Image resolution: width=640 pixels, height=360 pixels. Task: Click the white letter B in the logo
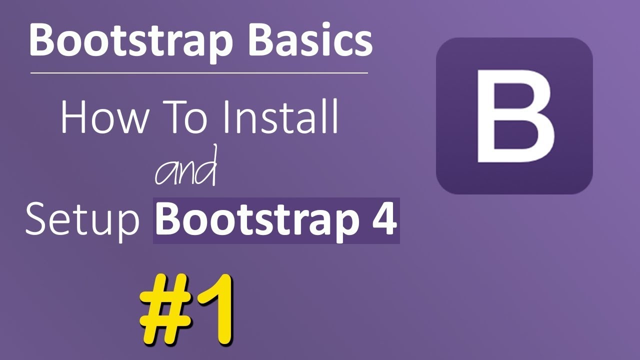[515, 115]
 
